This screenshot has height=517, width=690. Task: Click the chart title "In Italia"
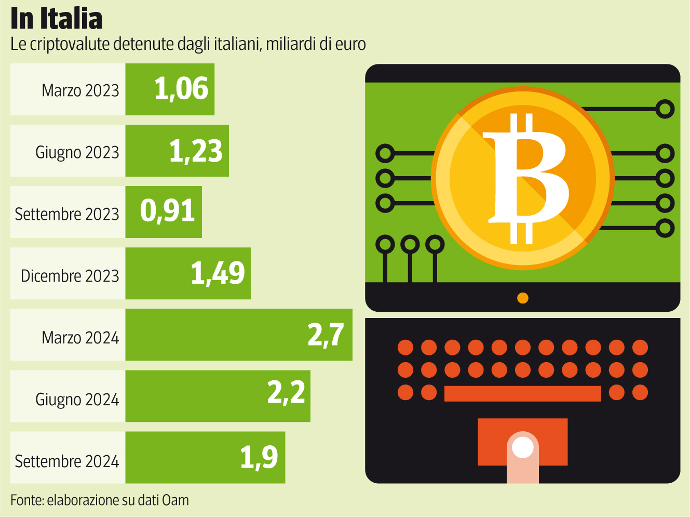coord(56,19)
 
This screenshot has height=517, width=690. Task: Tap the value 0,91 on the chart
coord(167,211)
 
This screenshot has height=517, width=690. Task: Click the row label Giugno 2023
coord(77,152)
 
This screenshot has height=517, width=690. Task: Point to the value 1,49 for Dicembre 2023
coord(218,273)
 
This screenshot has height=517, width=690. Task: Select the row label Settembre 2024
coord(66,461)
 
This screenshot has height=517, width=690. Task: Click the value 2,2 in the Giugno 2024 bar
coord(286,392)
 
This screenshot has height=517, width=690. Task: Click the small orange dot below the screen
coord(523,298)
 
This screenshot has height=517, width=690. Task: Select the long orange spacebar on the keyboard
coord(522,393)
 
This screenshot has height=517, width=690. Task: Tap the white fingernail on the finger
coord(523,447)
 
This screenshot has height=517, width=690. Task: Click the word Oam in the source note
coord(175,500)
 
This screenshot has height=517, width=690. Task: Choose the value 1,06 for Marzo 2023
coord(181,89)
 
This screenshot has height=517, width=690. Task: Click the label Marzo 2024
coord(80,338)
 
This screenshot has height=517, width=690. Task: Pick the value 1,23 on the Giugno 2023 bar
coord(196,151)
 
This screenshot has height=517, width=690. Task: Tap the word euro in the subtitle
coord(350,44)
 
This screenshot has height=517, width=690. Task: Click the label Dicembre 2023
coord(70,276)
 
